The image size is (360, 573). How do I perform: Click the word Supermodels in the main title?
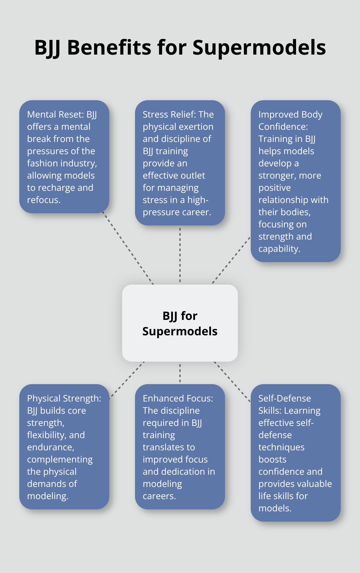pos(259,48)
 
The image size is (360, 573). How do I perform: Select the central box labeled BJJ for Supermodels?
pos(180,323)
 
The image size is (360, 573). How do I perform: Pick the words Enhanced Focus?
pos(178,399)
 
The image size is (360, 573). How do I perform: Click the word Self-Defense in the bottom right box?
pos(284,399)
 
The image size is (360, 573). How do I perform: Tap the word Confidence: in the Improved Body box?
pos(283,127)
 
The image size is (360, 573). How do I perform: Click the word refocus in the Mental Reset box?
pos(43,200)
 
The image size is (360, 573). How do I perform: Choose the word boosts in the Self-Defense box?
pos(272,460)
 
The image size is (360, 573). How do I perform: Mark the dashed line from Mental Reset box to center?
pos(128,248)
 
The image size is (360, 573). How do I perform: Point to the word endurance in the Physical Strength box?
pos(50,447)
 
